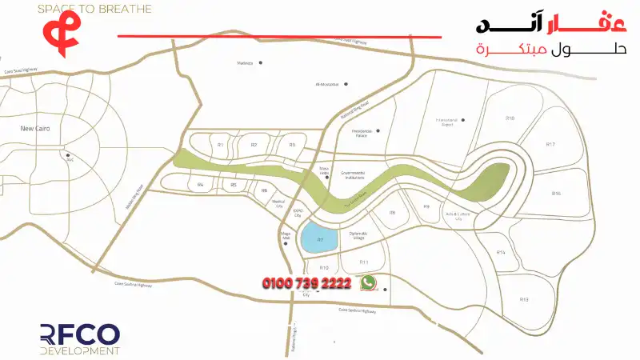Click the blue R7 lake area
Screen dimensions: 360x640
tap(319, 238)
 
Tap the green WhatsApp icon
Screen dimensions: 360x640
tap(368, 282)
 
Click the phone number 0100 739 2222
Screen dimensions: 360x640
tap(306, 283)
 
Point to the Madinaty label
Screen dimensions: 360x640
tap(245, 62)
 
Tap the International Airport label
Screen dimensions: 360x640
tap(450, 122)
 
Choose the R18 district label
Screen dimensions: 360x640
tap(510, 118)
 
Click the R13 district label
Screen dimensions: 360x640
tap(524, 299)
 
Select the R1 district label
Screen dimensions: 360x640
tap(220, 145)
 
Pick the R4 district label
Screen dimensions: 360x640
tap(201, 185)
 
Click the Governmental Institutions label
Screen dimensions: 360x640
tap(353, 174)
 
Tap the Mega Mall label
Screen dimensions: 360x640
tap(285, 236)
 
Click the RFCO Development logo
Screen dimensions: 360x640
tap(80, 339)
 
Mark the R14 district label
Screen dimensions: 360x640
tap(501, 252)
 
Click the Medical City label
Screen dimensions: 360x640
tap(278, 204)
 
